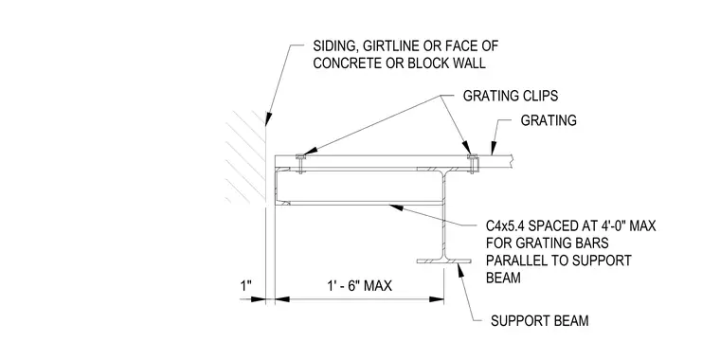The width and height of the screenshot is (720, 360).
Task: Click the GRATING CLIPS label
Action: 510,96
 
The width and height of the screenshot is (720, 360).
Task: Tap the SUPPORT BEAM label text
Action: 540,320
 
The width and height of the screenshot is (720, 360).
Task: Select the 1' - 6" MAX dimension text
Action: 360,286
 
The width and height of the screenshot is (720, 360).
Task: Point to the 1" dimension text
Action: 246,286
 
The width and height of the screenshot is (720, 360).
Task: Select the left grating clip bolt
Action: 300,164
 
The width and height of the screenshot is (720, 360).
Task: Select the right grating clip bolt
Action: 473,164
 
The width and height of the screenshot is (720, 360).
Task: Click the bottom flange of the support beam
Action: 443,261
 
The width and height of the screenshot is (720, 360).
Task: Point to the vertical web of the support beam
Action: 443,216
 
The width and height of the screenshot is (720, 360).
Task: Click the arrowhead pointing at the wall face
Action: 268,118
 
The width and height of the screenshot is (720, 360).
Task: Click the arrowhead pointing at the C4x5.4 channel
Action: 396,208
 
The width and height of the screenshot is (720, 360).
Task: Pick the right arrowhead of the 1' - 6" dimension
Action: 436,299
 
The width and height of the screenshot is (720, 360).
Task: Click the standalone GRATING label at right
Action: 549,120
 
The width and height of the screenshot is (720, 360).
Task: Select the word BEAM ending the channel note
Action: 503,278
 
